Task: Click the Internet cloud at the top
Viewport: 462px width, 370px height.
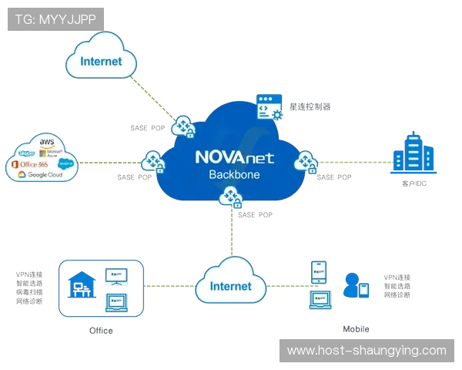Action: [x=101, y=61]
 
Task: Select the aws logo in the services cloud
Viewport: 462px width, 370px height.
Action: [x=46, y=143]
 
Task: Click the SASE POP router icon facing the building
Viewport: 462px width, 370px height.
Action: [x=306, y=162]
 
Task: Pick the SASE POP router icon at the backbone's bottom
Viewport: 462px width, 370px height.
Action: [x=230, y=199]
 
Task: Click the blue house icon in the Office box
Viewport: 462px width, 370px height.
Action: [x=81, y=284]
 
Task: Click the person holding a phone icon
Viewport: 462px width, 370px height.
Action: [x=356, y=285]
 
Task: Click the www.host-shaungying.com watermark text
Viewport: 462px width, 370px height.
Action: [x=366, y=351]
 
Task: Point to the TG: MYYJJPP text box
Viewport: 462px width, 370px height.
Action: [x=55, y=18]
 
